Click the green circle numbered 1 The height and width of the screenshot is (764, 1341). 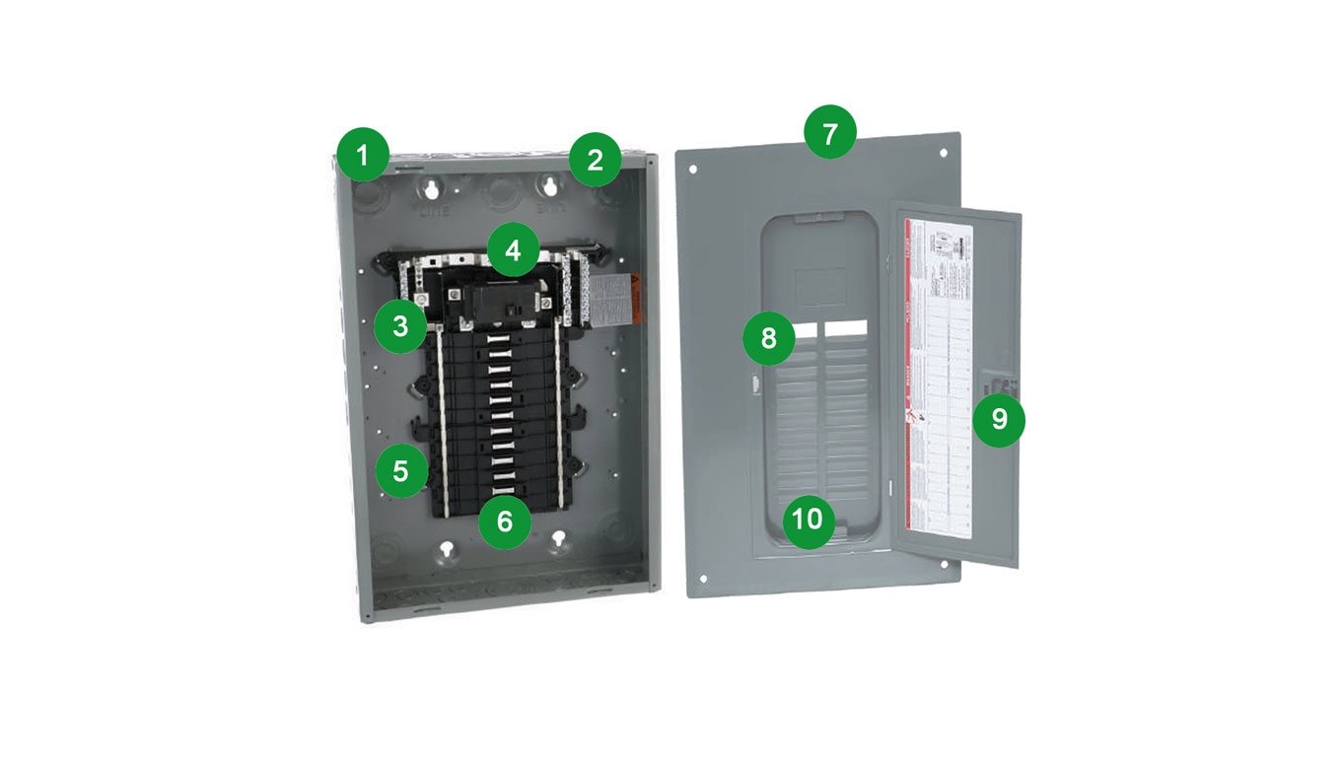362,155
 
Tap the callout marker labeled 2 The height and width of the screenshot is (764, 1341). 595,160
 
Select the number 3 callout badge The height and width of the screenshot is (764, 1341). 400,326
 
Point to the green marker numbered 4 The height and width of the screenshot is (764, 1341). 512,250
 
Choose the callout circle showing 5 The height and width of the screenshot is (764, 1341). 400,470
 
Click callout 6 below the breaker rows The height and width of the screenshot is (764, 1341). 505,521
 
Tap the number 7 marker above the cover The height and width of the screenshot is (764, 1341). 830,134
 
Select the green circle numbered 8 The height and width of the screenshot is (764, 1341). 769,338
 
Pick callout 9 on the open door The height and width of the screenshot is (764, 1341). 999,419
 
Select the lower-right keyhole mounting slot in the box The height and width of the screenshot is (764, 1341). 561,540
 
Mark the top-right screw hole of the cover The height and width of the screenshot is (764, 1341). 945,154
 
